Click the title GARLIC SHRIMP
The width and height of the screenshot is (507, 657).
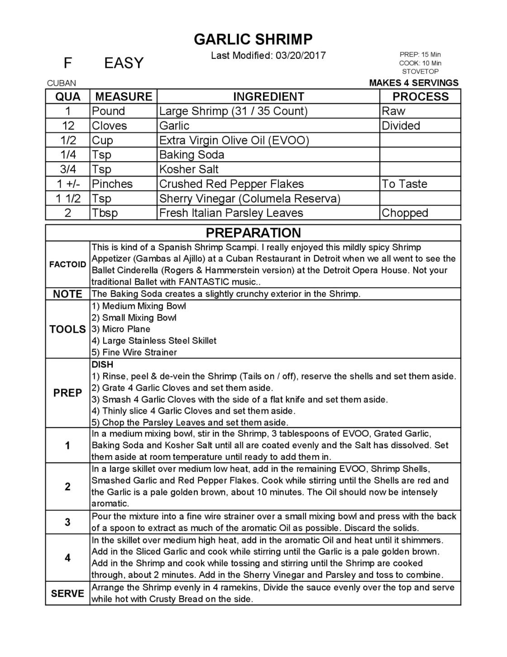(253, 39)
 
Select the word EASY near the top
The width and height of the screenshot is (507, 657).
(124, 63)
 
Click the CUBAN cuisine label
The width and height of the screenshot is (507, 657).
(62, 83)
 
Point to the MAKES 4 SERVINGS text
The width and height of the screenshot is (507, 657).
(414, 83)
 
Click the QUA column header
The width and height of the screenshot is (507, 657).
(67, 96)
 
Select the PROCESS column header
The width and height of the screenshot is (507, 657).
(420, 96)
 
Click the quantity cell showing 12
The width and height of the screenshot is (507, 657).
(67, 125)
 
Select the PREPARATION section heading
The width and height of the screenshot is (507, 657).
(253, 233)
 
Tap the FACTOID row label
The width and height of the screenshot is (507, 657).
(67, 264)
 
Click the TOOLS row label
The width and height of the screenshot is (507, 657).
(67, 329)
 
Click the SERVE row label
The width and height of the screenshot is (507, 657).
(67, 593)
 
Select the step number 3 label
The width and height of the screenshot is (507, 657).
(67, 522)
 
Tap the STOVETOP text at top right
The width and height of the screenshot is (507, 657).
(420, 72)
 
